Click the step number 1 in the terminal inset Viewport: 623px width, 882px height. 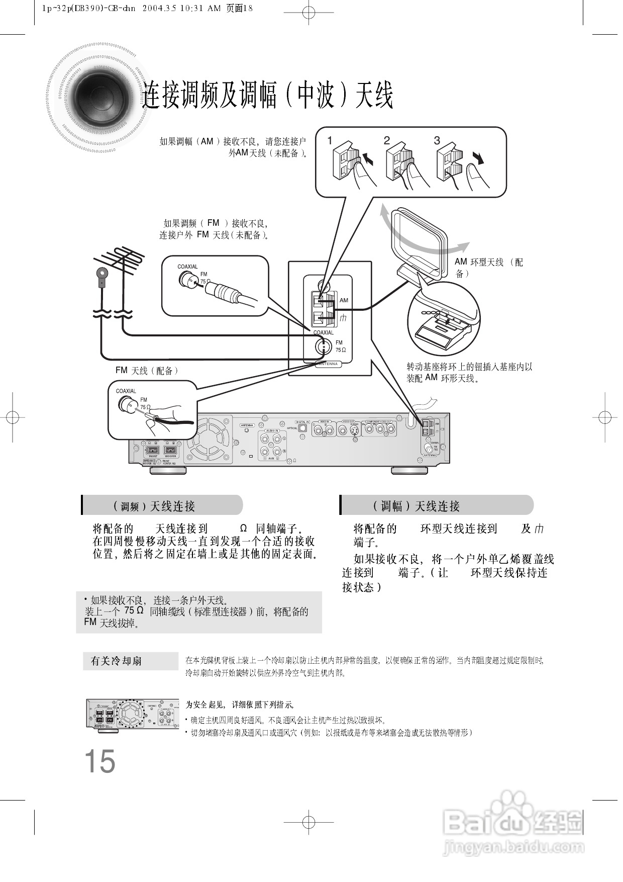pos(330,141)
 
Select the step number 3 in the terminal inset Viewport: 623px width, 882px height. pos(437,141)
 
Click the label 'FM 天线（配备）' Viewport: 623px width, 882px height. pos(147,371)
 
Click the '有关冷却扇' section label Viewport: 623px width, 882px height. pos(117,661)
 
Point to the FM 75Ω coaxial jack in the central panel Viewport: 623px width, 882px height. pos(324,346)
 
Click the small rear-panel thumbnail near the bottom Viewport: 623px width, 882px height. pos(132,714)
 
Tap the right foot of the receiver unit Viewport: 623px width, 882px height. pos(409,470)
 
